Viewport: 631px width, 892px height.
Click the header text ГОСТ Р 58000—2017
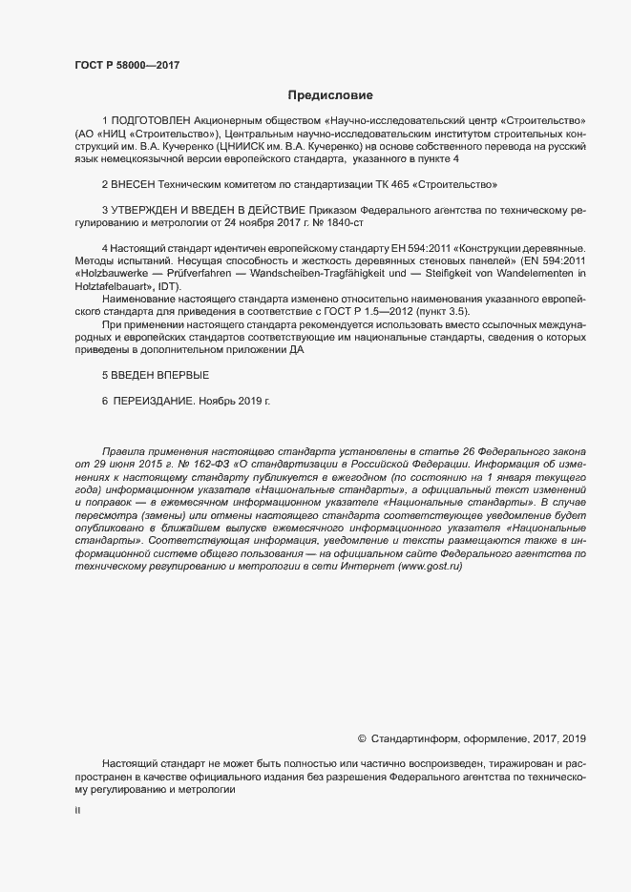pyautogui.click(x=126, y=66)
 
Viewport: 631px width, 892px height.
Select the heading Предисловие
pyautogui.click(x=330, y=95)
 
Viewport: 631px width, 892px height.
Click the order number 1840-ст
pyautogui.click(x=345, y=221)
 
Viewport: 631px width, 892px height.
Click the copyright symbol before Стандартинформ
pyautogui.click(x=362, y=737)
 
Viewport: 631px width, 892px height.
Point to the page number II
pyautogui.click(x=77, y=810)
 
